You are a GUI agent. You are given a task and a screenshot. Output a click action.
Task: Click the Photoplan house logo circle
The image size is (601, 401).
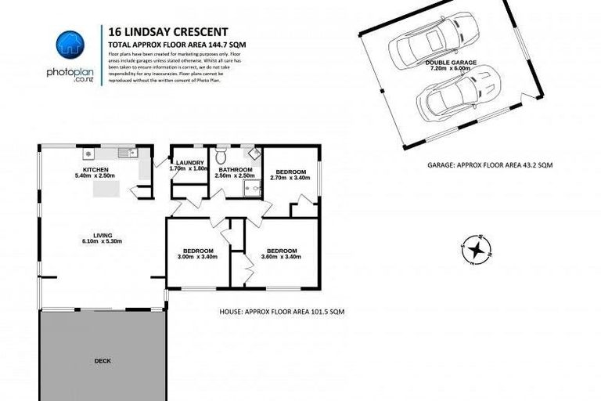click(x=69, y=43)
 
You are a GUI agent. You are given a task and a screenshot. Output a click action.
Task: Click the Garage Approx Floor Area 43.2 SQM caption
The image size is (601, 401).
click(x=490, y=165)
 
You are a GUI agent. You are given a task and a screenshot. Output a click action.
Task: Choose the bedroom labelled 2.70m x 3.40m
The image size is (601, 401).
click(x=290, y=175)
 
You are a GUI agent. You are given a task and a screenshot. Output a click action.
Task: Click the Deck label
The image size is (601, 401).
click(x=103, y=361)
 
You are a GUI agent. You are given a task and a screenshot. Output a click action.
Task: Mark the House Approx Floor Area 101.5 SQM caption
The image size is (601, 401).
click(x=283, y=312)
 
